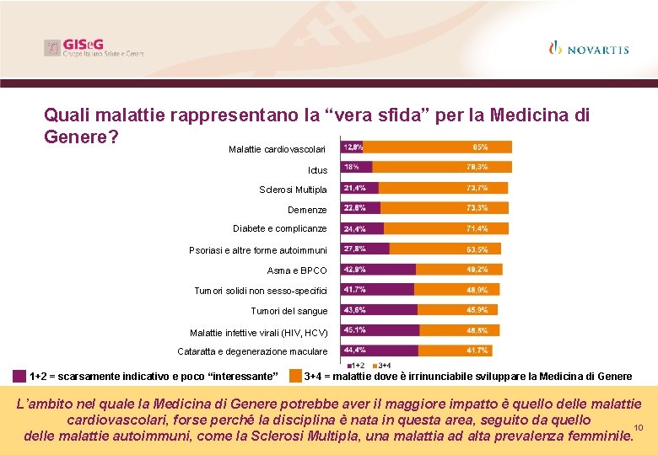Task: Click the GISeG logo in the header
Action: point(94,48)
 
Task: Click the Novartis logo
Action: point(589,49)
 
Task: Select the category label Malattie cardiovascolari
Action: point(277,149)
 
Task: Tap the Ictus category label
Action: point(317,170)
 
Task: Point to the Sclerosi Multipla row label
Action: point(293,190)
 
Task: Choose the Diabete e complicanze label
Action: point(280,228)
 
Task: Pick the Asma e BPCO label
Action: point(297,270)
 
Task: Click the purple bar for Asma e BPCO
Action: point(378,269)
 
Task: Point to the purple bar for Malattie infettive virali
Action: point(380,329)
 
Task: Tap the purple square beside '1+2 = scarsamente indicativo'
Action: point(19,376)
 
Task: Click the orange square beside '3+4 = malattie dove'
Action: point(295,376)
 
